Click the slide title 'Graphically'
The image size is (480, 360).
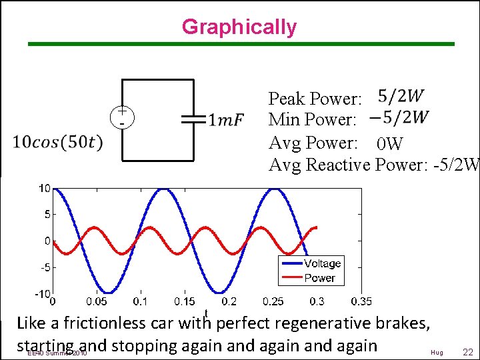[239, 27]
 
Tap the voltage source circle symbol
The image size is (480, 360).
[123, 117]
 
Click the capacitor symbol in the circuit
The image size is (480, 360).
[193, 120]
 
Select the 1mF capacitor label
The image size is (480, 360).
[226, 121]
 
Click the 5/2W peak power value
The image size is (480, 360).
[401, 97]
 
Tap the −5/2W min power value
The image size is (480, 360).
[398, 118]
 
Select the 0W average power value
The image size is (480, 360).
[389, 143]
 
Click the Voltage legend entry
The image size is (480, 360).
[322, 263]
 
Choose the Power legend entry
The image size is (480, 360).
[319, 277]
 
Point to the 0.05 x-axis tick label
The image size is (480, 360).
[96, 302]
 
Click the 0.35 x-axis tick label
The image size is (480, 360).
[361, 302]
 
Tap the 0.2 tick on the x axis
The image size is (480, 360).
[229, 302]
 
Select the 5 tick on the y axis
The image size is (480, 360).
[47, 215]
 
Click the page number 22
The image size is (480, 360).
[467, 352]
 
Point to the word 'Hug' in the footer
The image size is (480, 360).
[437, 352]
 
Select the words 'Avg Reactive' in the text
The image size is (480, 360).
[320, 164]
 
